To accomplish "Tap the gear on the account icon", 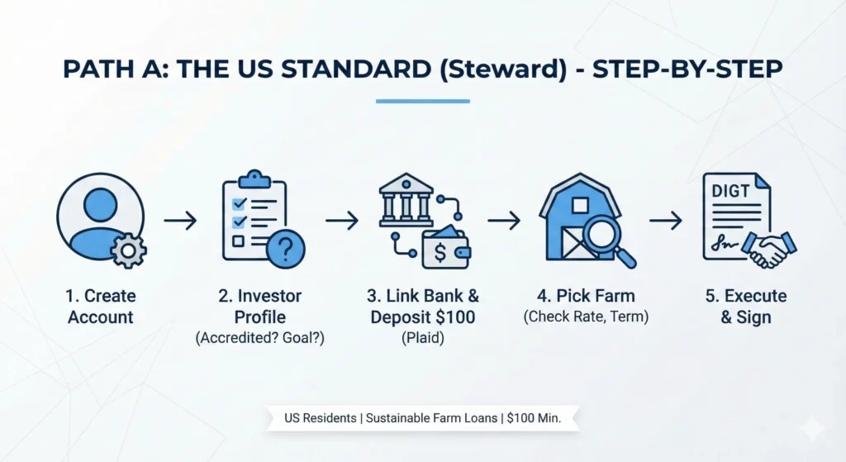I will tap(128, 249).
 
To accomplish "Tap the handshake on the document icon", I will tap(768, 247).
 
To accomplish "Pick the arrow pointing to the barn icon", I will tap(503, 221).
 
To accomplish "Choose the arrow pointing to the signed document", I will tap(665, 221).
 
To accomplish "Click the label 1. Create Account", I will tap(102, 307).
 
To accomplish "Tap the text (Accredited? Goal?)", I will tap(260, 338).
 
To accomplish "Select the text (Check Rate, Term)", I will tap(586, 317).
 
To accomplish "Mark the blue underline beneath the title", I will tap(422, 102).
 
